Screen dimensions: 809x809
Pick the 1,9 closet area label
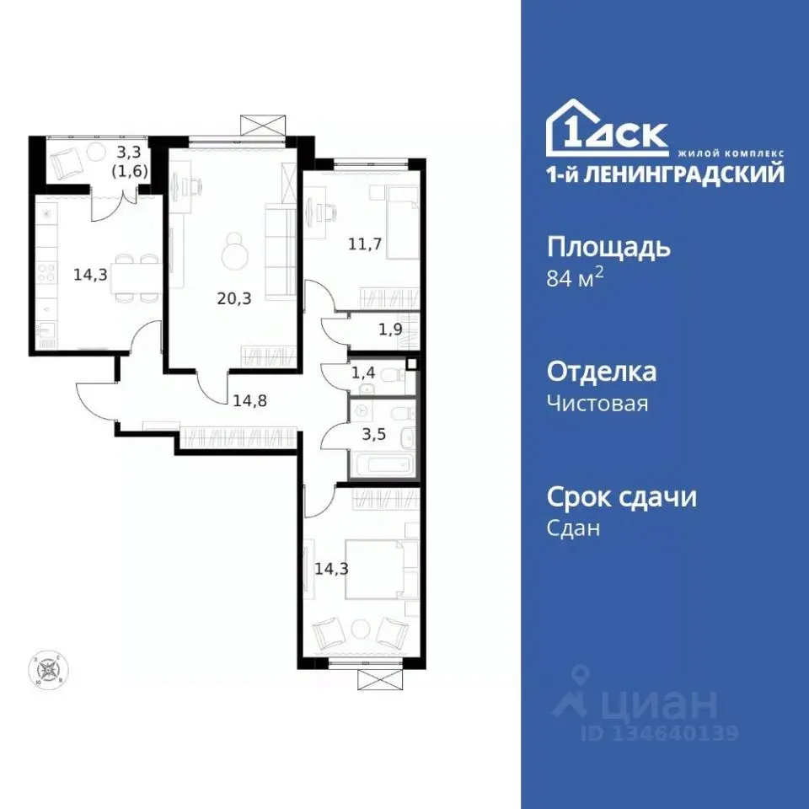tap(389, 329)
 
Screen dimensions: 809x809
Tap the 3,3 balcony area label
tap(129, 153)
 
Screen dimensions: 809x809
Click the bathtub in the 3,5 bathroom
tap(384, 466)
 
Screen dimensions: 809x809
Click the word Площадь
tap(609, 248)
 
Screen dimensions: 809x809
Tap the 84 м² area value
tap(576, 278)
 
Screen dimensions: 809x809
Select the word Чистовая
tap(597, 403)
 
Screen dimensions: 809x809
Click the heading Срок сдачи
tap(622, 497)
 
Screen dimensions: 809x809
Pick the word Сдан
tap(574, 528)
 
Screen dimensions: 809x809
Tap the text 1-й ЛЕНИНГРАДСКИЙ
tap(665, 174)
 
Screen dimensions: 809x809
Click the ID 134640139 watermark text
tap(658, 733)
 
